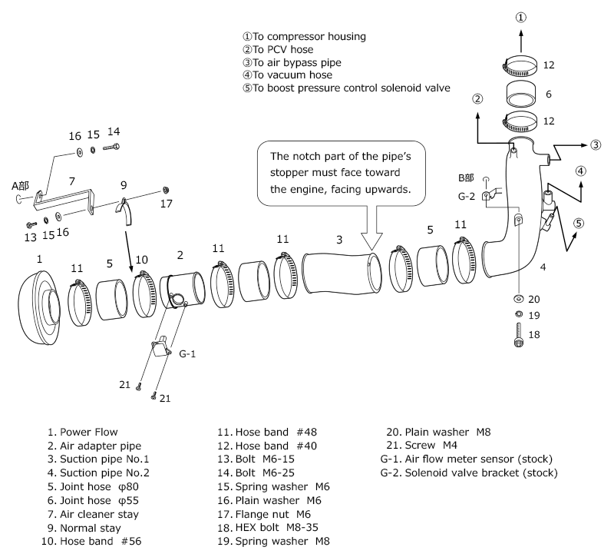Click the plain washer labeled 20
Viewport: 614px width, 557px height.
point(518,299)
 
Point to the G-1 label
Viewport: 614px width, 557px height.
point(188,355)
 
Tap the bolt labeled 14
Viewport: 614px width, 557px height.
point(115,145)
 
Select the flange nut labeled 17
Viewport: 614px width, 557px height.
point(167,190)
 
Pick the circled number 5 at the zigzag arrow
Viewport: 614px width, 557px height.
point(579,224)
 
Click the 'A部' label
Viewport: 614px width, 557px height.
point(21,184)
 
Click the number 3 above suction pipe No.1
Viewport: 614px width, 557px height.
point(338,240)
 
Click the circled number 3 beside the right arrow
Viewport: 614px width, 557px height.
point(596,144)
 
